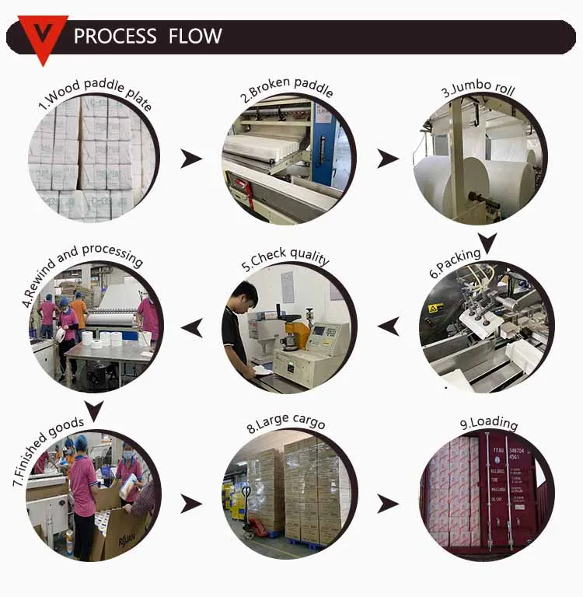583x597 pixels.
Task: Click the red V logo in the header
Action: click(43, 36)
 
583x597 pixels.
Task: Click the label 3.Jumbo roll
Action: click(478, 88)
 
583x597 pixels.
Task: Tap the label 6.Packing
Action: click(456, 263)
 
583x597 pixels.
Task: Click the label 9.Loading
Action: click(488, 423)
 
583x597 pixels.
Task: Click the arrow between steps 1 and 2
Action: click(190, 159)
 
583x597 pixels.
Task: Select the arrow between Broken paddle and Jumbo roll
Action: click(387, 159)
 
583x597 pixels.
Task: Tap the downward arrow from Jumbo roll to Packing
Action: click(487, 243)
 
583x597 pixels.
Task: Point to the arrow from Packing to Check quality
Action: click(388, 326)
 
